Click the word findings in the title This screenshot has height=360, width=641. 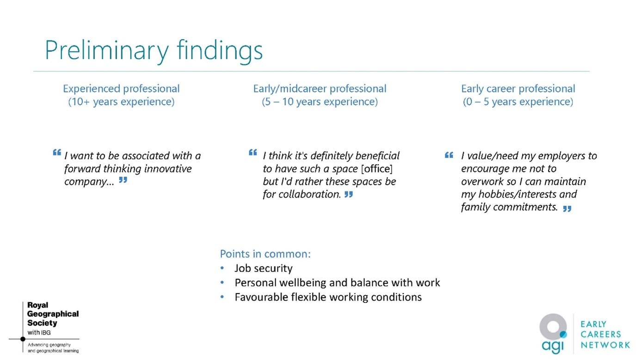click(220, 50)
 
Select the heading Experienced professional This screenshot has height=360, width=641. click(121, 89)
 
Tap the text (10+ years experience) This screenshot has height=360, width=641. click(121, 102)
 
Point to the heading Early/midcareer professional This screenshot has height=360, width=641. click(320, 89)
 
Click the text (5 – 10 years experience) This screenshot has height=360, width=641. click(320, 102)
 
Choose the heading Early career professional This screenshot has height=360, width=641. click(518, 89)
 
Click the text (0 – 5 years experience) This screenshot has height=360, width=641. click(518, 102)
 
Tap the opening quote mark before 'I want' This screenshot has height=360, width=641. click(57, 153)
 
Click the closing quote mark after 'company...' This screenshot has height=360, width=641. click(123, 180)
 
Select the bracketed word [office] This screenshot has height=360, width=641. click(377, 169)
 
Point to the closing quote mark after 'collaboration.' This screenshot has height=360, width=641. click(349, 195)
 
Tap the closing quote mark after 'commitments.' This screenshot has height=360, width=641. click(567, 209)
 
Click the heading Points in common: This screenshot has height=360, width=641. click(265, 254)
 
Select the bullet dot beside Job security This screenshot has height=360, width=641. click(222, 268)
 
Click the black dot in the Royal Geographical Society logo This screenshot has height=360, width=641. click(23, 339)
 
